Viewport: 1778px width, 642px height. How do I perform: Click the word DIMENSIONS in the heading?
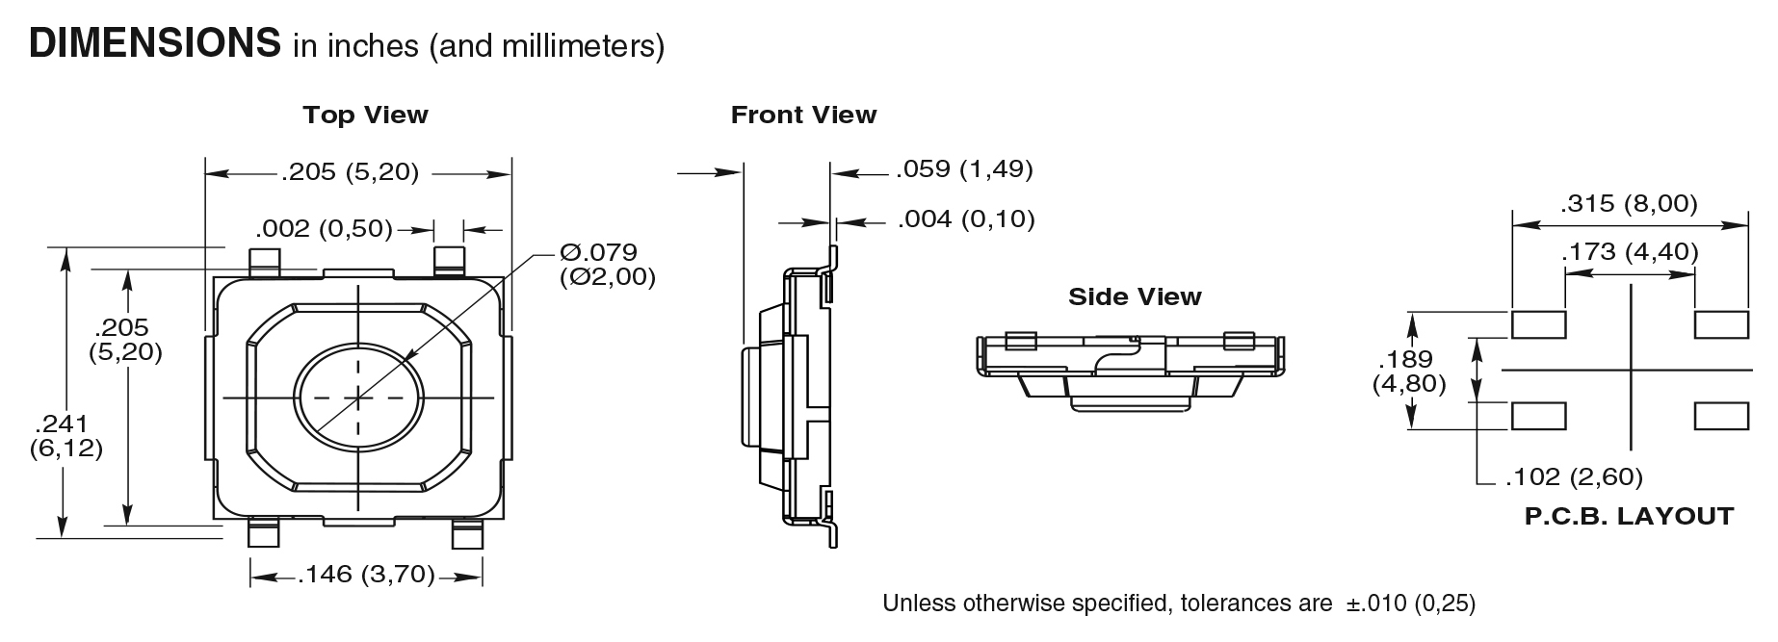click(154, 43)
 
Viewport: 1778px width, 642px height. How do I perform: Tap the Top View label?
click(365, 116)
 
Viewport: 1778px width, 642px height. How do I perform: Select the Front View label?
click(803, 116)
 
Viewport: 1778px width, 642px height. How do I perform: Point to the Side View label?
click(1135, 296)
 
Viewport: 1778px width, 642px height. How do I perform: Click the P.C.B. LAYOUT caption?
click(1629, 517)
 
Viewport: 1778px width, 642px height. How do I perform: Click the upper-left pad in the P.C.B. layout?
click(1538, 324)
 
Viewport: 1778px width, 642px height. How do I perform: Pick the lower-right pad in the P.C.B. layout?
click(1721, 417)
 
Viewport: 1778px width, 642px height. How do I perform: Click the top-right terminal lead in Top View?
click(449, 260)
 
